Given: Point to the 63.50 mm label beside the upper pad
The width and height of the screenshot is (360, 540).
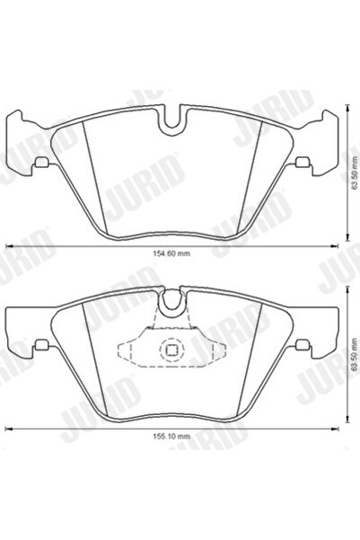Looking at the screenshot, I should tap(354, 172).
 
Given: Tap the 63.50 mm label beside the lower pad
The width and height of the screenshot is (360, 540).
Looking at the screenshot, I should tap(354, 354).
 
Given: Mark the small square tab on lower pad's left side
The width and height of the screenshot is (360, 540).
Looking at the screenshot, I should tap(41, 345).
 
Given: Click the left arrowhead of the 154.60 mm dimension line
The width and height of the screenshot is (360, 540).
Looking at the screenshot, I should tap(9, 245).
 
